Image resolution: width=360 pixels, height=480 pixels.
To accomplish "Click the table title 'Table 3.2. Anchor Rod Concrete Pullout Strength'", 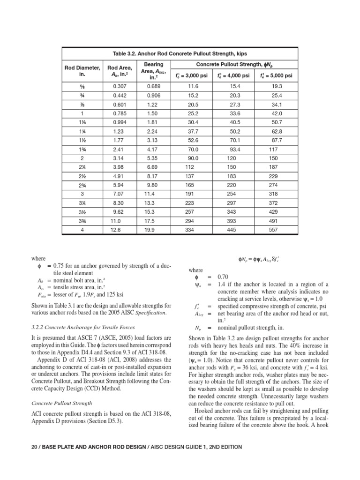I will click(180, 54).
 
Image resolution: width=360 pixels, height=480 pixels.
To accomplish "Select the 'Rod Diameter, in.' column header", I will click(82, 71).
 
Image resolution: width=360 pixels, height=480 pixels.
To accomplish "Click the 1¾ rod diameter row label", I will click(82, 149).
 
